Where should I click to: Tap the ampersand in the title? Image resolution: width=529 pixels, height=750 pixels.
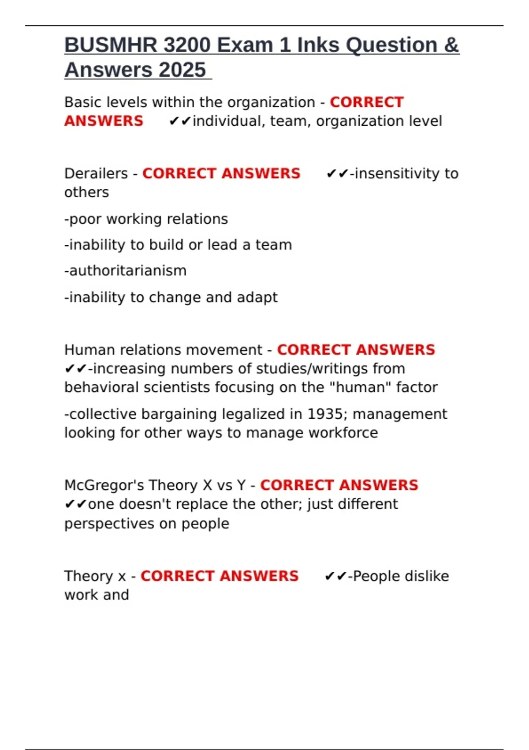[x=451, y=45]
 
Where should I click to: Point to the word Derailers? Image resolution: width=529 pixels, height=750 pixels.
[x=96, y=173]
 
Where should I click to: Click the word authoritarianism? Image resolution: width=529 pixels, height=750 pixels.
[x=126, y=270]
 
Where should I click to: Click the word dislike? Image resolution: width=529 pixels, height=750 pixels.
[x=426, y=576]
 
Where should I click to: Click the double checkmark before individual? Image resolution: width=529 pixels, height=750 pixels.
[x=179, y=121]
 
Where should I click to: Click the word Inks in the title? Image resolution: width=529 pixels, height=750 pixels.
[x=318, y=45]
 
